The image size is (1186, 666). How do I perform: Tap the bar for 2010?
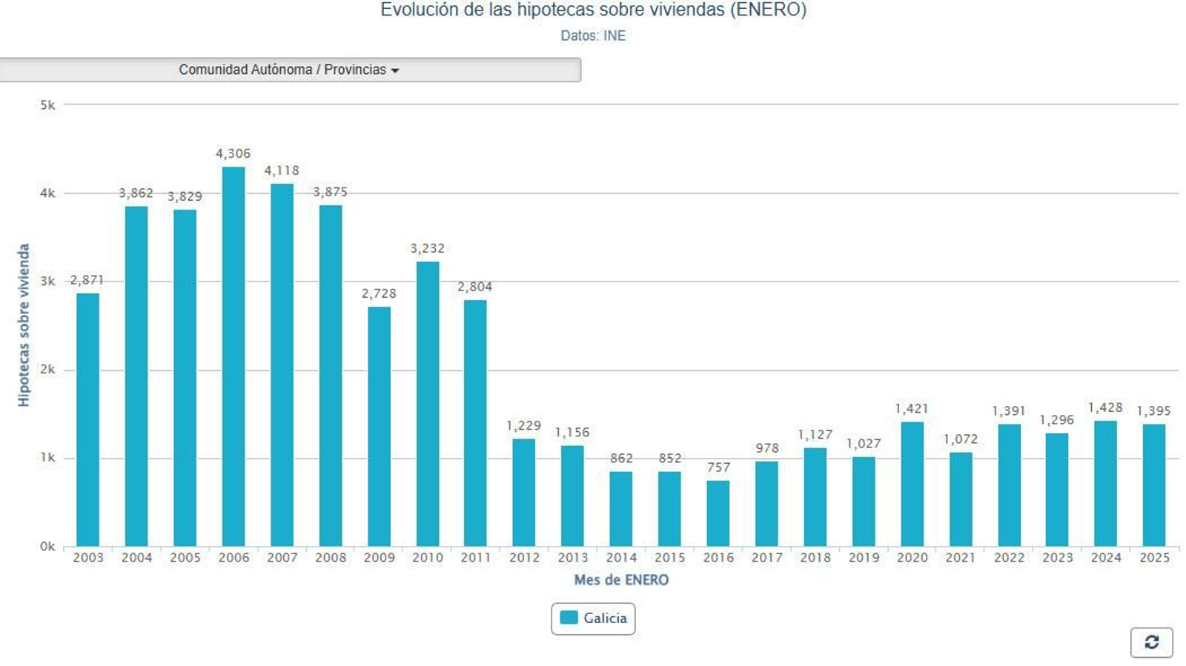[x=428, y=404]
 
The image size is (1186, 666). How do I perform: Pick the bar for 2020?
[x=912, y=484]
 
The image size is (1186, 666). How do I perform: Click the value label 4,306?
[x=233, y=153]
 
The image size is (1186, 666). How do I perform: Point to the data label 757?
[x=718, y=467]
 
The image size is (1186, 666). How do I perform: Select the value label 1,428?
[x=1105, y=407]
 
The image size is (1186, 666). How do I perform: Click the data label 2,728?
[x=379, y=293]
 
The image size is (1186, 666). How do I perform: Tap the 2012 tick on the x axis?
[x=524, y=557]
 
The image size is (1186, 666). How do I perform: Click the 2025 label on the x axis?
[x=1154, y=557]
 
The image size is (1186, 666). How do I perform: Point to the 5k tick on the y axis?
[x=47, y=105]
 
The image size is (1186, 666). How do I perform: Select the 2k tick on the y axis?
[x=47, y=370]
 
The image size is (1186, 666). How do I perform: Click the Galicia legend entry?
[x=593, y=618]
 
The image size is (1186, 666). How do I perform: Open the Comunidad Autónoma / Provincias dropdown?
[x=290, y=70]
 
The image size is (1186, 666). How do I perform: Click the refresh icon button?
[x=1151, y=642]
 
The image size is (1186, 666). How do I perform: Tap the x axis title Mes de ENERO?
[x=621, y=579]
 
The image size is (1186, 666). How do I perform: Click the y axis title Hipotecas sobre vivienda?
[x=24, y=324]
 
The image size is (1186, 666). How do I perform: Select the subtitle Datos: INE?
[x=593, y=36]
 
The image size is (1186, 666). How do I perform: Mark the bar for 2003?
[x=87, y=419]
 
